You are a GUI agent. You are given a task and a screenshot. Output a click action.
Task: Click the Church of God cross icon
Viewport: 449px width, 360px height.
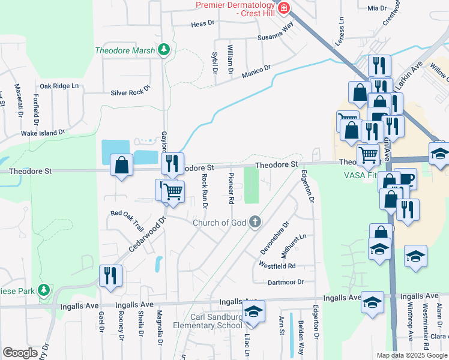click(255, 223)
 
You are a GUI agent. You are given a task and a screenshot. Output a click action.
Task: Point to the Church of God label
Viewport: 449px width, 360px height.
click(220, 223)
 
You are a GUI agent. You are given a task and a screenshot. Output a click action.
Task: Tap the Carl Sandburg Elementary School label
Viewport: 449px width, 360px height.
click(216, 321)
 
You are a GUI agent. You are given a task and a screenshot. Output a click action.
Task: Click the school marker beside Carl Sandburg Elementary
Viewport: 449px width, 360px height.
click(253, 313)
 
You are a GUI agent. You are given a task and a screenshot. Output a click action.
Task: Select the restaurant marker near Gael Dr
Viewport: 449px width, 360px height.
click(110, 276)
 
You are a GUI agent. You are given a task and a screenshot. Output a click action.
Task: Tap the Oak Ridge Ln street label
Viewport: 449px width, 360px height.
click(59, 86)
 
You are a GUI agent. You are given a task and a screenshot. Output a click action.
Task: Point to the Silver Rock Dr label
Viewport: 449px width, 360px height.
click(130, 93)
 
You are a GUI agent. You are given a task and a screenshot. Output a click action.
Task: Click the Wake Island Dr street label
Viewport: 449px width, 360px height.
click(43, 133)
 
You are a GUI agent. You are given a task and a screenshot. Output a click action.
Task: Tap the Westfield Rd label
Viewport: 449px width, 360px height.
click(277, 265)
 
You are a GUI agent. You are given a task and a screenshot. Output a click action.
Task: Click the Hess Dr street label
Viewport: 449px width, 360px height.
click(202, 24)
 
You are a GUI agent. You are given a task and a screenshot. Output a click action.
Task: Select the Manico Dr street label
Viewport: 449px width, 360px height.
click(256, 72)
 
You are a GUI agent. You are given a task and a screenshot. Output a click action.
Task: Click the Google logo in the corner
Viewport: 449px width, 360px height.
click(20, 353)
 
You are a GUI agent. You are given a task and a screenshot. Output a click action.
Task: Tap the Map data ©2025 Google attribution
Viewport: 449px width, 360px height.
click(411, 355)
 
